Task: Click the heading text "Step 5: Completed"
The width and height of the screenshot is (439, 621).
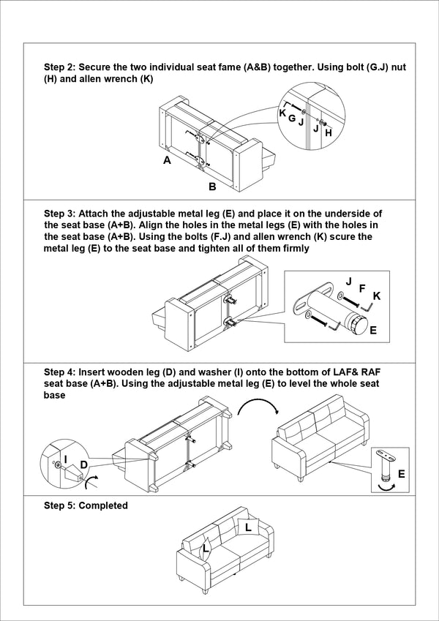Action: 86,505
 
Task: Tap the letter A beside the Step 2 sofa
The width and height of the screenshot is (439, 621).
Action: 167,160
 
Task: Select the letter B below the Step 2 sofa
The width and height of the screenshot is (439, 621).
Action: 212,187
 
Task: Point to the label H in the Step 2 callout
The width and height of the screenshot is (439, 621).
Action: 328,133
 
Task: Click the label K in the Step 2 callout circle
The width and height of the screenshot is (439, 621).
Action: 282,113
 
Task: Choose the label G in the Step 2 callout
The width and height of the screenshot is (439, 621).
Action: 291,118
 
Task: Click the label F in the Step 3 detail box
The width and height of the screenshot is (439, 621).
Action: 361,289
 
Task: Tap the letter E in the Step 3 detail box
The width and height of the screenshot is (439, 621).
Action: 373,331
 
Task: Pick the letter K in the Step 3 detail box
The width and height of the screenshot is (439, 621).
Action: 377,296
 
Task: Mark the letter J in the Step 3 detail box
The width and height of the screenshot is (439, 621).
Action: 348,282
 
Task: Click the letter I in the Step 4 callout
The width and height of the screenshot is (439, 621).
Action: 66,459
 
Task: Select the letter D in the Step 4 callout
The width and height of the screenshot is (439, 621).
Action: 84,464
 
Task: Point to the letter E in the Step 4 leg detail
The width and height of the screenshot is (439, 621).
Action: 401,475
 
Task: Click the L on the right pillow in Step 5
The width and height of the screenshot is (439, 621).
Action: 248,527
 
